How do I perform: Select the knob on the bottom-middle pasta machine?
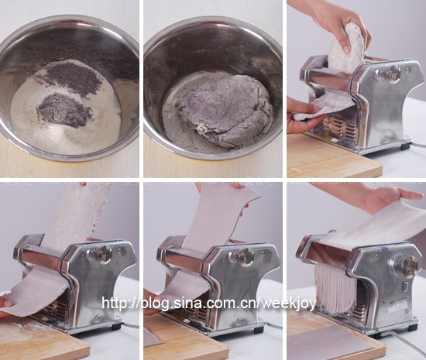[242, 256]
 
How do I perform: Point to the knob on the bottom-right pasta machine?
[406, 267]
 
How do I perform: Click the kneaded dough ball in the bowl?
[222, 108]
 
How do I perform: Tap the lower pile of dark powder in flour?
[64, 110]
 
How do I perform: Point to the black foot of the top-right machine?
[405, 146]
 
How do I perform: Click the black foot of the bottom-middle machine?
[259, 329]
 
